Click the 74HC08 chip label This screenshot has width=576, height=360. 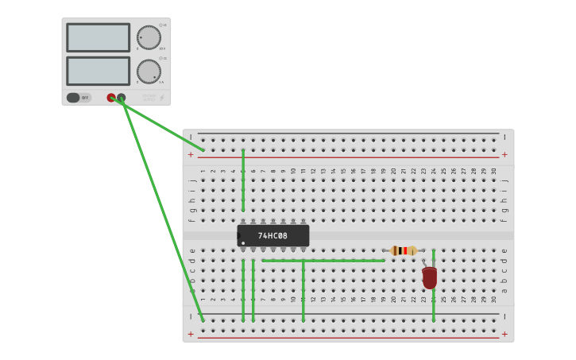[x=273, y=236]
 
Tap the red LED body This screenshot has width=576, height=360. [x=430, y=277]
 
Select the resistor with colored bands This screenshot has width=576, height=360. [x=404, y=250]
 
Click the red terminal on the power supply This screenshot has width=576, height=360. [x=111, y=98]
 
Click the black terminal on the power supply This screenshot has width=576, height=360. [x=121, y=98]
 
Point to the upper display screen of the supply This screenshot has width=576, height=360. [x=98, y=37]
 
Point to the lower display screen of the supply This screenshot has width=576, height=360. [x=98, y=71]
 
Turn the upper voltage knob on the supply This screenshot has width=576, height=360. [x=148, y=37]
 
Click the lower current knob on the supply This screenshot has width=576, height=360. [x=148, y=72]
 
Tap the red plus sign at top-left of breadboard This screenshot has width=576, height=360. [x=191, y=155]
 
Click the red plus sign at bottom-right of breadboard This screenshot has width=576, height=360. [x=504, y=335]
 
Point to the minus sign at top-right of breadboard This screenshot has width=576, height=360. [x=504, y=137]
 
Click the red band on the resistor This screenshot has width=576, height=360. [x=405, y=250]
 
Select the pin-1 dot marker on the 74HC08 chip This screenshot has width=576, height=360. [x=243, y=242]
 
